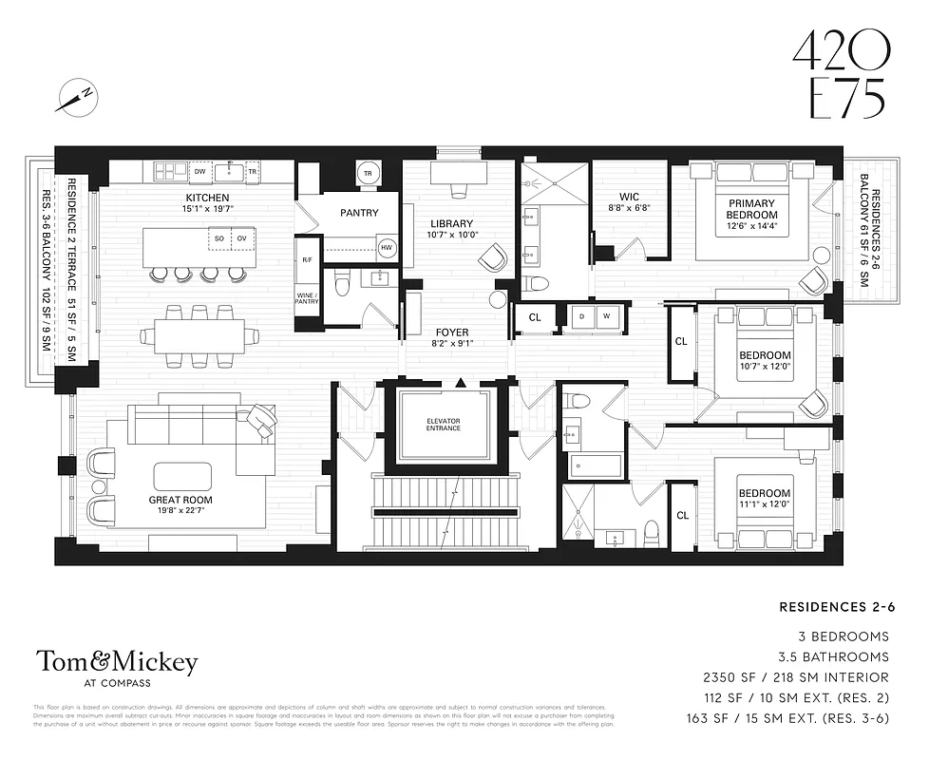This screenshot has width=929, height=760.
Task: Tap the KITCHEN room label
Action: (x=208, y=198)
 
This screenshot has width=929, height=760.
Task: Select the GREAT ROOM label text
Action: (x=180, y=500)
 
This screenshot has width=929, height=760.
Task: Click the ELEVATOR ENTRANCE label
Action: (x=443, y=423)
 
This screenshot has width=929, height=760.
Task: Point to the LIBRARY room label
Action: (x=451, y=224)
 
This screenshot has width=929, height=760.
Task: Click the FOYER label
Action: (x=451, y=332)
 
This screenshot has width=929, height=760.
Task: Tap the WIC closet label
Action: (x=628, y=198)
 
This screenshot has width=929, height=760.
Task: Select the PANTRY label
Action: (x=358, y=213)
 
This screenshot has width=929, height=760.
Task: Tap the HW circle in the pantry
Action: (x=387, y=248)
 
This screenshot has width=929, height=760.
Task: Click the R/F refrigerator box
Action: (x=307, y=259)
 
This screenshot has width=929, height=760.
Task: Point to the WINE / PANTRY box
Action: (x=307, y=298)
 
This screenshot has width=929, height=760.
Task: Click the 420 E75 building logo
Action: (x=838, y=76)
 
